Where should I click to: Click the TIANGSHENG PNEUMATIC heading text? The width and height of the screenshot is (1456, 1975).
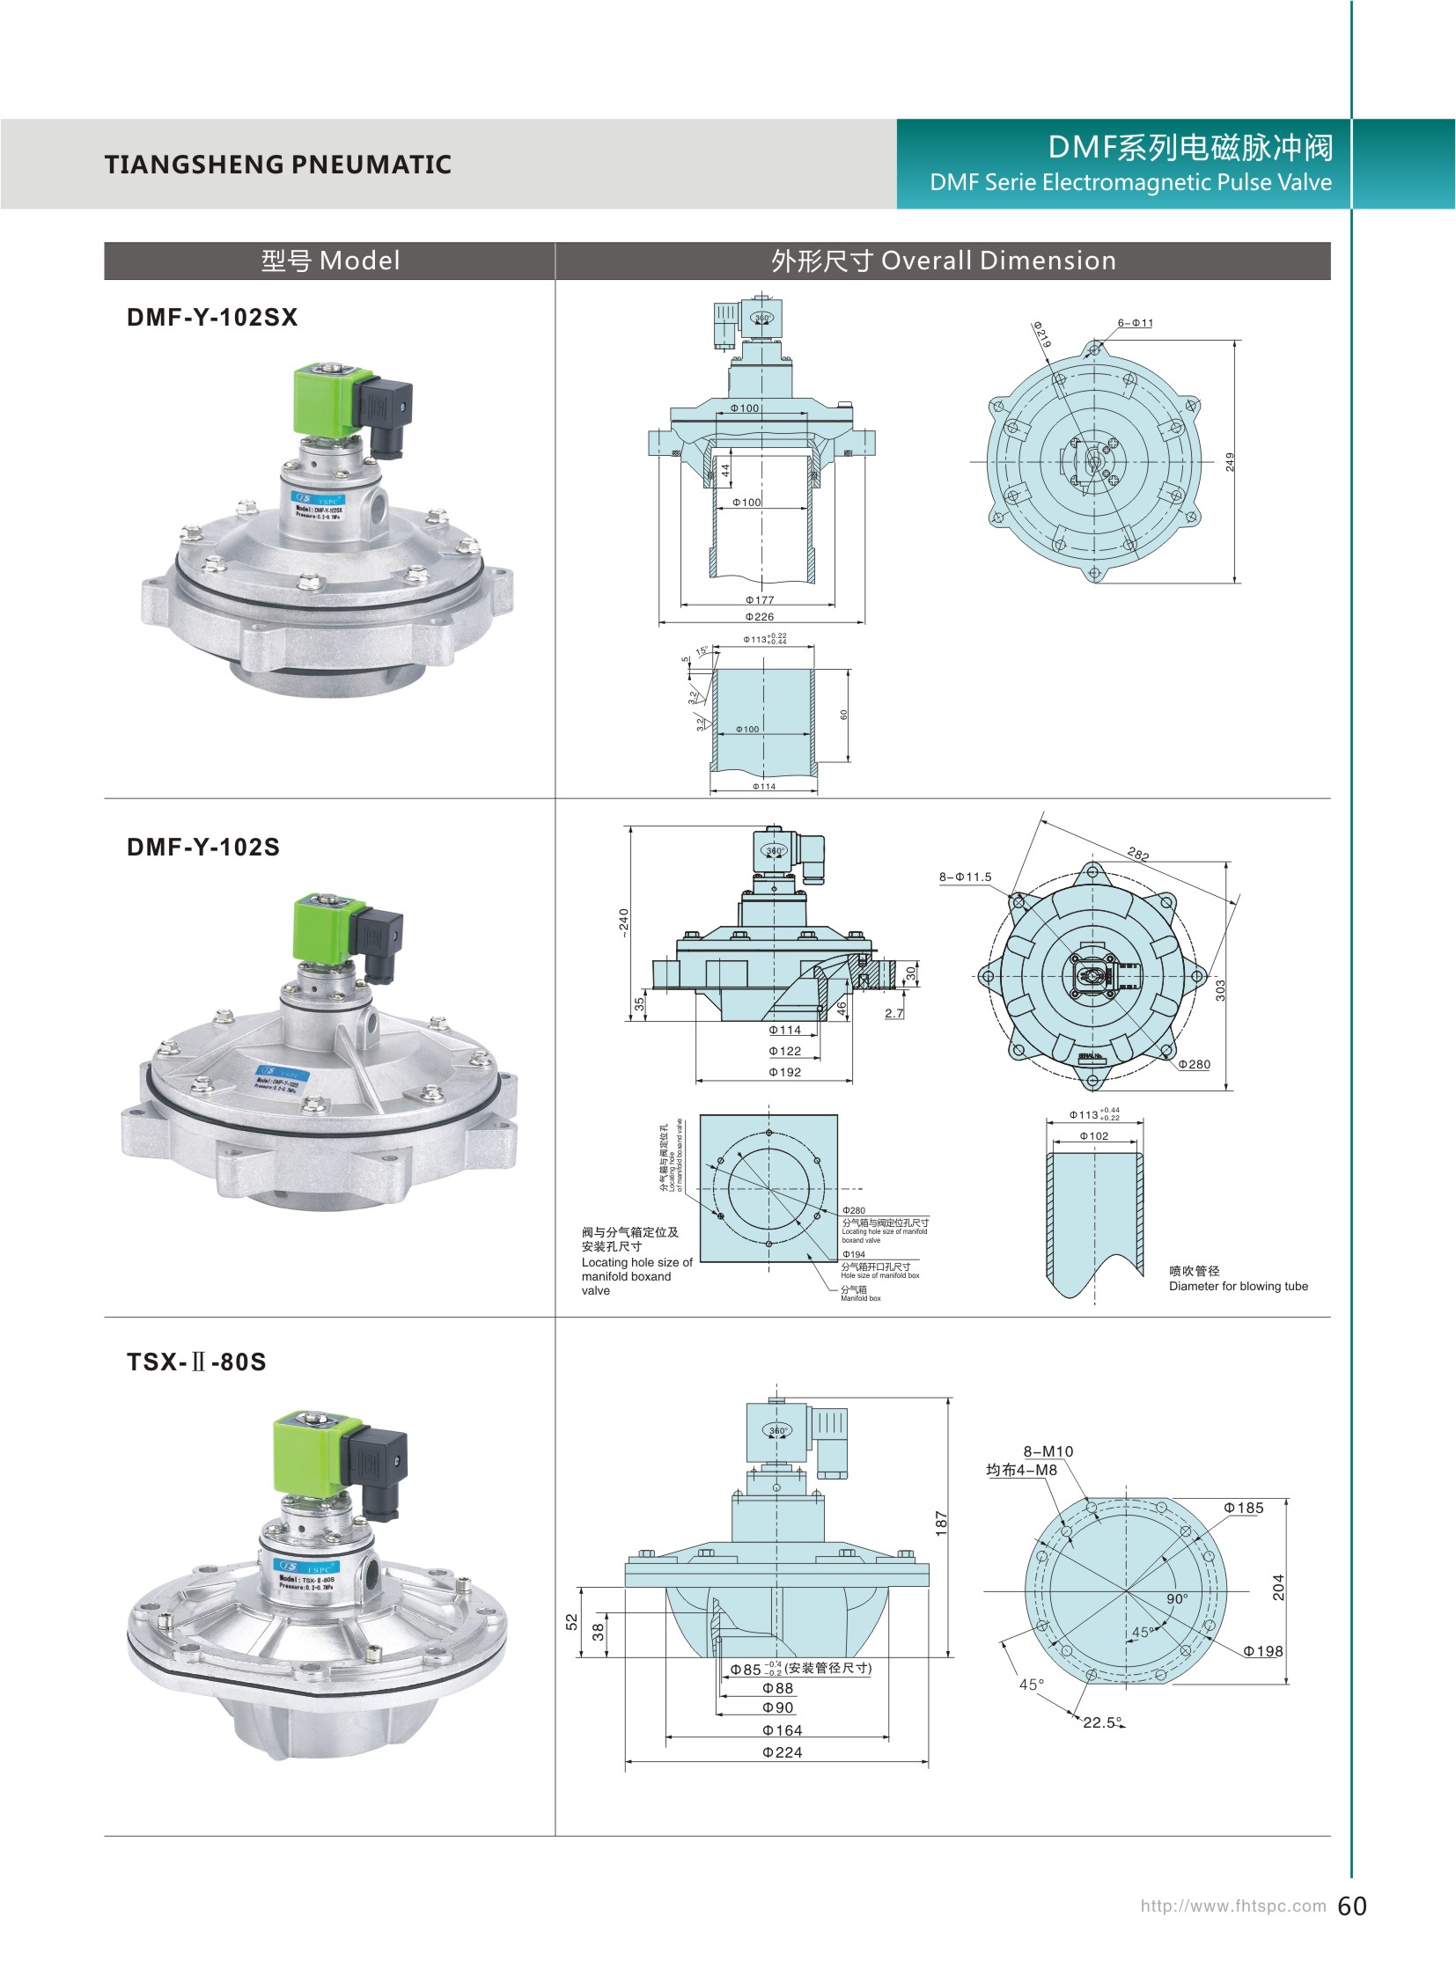277,165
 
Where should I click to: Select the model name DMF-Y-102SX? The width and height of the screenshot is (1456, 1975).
212,317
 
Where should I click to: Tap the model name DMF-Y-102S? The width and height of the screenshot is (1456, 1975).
203,847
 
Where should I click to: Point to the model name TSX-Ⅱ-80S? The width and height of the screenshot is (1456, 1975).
196,1362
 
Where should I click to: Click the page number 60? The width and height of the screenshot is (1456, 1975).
1352,1906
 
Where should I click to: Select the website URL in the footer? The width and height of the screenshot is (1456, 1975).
1232,1906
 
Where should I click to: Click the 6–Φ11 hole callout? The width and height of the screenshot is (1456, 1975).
1136,323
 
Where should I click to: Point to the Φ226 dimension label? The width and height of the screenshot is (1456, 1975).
759,617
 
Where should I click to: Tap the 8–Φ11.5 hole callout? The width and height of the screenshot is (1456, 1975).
965,877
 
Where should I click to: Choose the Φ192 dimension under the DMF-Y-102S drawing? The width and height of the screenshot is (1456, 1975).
784,1073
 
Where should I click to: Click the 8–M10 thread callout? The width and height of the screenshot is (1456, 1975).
1048,1451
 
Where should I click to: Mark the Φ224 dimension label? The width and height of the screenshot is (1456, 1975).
782,1753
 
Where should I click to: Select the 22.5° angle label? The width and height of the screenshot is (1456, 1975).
1103,1722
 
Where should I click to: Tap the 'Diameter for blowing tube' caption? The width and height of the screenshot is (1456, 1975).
1239,1286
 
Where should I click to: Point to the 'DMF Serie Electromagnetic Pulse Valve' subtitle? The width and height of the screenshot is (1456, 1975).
1130,182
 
